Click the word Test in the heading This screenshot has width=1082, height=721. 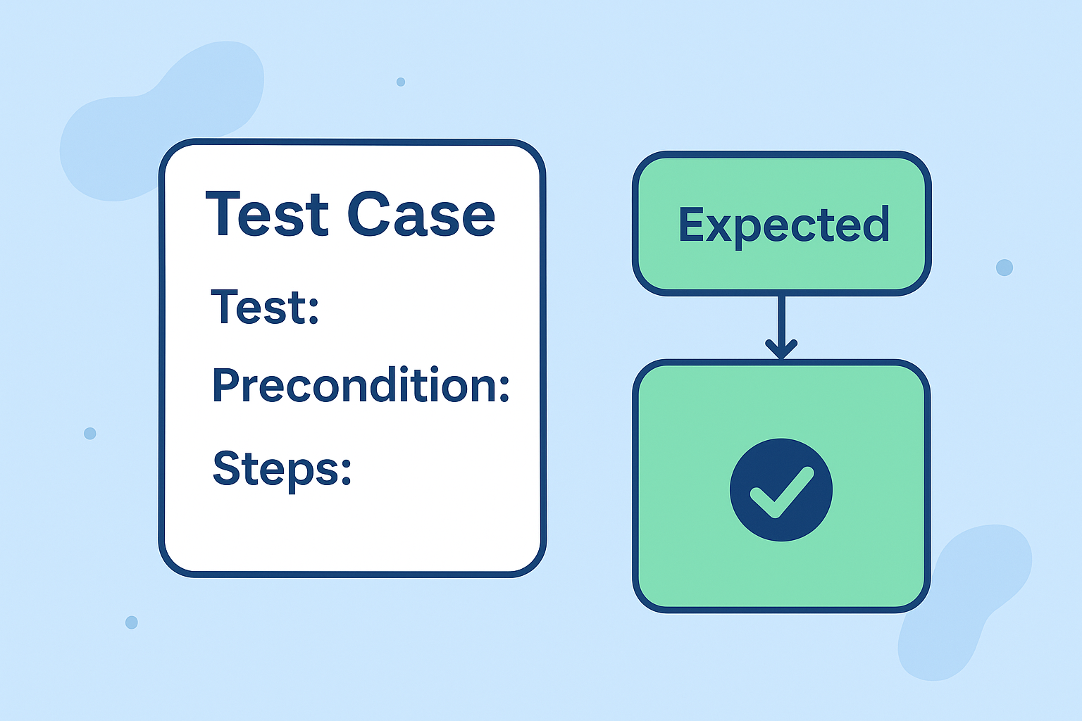[267, 214]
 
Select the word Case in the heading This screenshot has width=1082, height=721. [421, 214]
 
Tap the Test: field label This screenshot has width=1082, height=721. [265, 308]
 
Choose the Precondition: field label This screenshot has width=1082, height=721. [360, 387]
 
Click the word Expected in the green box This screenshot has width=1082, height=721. [783, 225]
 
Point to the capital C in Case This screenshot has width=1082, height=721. [371, 214]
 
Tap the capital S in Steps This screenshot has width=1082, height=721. [226, 468]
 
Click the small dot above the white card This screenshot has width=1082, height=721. [401, 82]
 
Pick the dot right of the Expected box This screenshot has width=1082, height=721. [1005, 268]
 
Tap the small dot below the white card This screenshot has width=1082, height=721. [132, 622]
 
